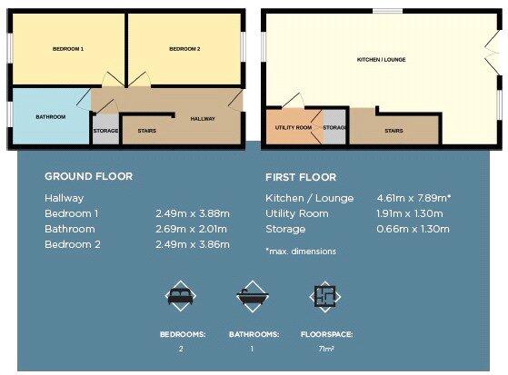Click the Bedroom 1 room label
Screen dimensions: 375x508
coord(68,48)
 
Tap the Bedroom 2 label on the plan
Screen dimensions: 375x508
coord(184,48)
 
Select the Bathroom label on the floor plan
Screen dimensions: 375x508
coord(50,117)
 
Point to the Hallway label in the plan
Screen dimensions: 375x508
coord(204,119)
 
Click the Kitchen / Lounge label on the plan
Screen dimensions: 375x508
coord(381,60)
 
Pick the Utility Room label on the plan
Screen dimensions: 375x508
coord(293,128)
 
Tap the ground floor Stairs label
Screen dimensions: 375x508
coord(146,131)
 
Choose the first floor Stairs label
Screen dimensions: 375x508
coord(393,131)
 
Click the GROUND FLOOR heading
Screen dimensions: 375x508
coord(88,176)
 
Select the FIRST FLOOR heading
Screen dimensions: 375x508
coord(301,177)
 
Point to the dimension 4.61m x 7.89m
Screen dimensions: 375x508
coord(413,197)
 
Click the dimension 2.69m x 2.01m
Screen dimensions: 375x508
coord(193,229)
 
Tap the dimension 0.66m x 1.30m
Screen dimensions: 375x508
coord(413,229)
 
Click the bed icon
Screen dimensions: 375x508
coord(179,296)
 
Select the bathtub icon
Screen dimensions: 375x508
coord(249,296)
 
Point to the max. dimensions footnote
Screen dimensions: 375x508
coord(300,251)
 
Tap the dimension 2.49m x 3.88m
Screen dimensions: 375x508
coord(193,213)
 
